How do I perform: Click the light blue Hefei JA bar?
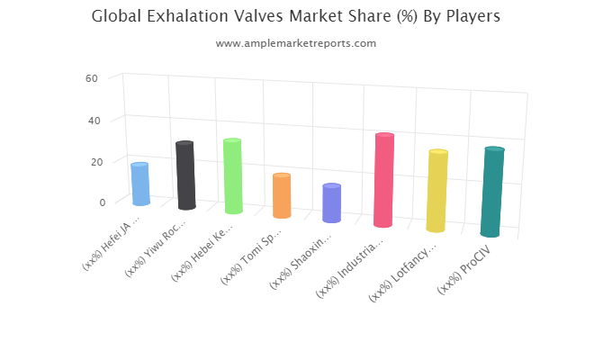(140, 184)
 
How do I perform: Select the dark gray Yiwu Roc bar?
(185, 175)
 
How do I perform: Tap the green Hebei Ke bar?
(233, 176)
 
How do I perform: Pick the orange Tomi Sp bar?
(282, 195)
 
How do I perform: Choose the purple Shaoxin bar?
(332, 203)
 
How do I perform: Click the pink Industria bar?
(383, 180)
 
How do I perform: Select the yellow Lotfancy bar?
(437, 191)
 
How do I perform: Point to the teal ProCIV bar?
(492, 192)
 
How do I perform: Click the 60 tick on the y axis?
(92, 78)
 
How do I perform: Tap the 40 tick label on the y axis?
(94, 121)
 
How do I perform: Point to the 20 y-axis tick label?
(96, 162)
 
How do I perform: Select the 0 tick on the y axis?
(103, 202)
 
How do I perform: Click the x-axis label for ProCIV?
(464, 269)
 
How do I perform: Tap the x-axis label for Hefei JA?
(112, 242)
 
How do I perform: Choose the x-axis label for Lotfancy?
(402, 274)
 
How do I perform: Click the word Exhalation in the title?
(187, 16)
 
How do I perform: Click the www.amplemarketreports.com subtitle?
(296, 43)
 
